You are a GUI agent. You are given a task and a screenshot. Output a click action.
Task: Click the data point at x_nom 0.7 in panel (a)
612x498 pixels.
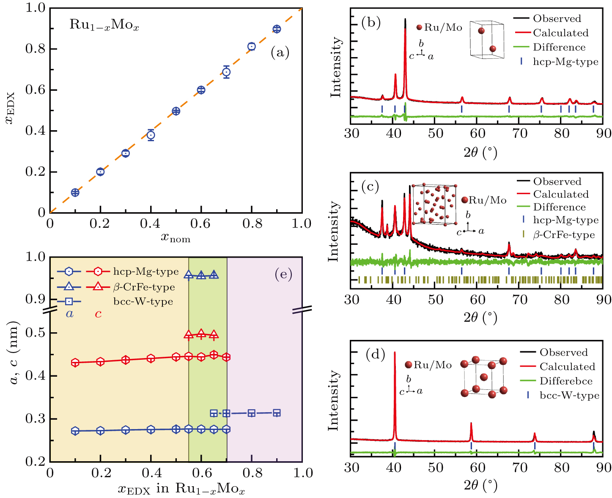click(x=226, y=72)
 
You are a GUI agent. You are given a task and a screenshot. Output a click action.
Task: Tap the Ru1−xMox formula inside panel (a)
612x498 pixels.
click(x=104, y=25)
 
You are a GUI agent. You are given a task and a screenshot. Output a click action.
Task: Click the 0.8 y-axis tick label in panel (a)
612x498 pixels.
click(x=35, y=49)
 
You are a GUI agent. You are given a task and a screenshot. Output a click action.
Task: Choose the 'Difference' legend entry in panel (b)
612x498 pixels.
click(x=559, y=47)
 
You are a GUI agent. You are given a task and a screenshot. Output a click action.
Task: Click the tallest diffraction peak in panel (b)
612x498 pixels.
click(x=405, y=21)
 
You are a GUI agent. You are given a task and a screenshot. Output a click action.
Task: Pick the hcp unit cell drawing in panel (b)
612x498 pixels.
click(x=487, y=39)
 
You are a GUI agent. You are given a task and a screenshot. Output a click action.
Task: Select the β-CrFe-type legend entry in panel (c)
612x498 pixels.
click(x=564, y=235)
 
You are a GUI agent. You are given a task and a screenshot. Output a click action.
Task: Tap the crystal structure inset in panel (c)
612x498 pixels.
click(x=434, y=205)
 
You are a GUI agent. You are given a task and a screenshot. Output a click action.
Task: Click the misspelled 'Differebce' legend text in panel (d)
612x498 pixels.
click(x=566, y=381)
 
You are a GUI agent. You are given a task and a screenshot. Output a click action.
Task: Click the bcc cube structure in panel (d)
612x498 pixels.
click(x=484, y=377)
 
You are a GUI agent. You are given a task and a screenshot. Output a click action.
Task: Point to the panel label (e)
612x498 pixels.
click(x=283, y=274)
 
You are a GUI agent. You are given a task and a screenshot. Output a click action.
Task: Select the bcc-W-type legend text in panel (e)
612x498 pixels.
click(x=143, y=301)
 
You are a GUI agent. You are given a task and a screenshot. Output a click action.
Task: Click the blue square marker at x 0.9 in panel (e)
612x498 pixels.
click(x=277, y=413)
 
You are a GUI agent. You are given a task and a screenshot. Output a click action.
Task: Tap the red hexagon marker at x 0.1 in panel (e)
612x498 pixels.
click(x=75, y=362)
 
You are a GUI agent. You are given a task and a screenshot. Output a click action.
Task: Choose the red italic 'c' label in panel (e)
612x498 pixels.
click(x=98, y=314)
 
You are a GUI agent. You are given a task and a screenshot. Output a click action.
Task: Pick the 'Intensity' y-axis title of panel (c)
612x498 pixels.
click(x=334, y=231)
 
